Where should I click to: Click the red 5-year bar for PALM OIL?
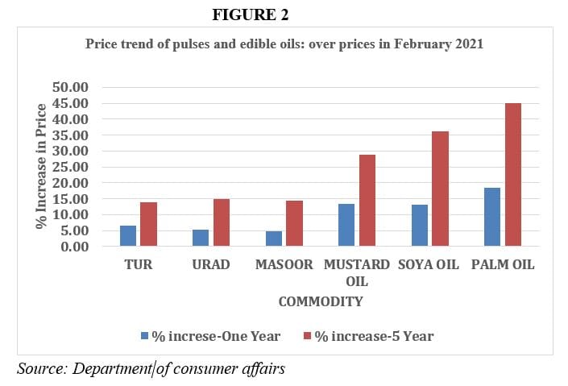(x=513, y=175)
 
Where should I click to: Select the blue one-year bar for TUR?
(x=128, y=236)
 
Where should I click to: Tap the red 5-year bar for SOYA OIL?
(x=441, y=189)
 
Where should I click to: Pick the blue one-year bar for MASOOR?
(x=274, y=239)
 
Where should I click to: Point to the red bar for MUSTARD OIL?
(x=367, y=201)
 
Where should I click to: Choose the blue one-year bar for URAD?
(x=201, y=238)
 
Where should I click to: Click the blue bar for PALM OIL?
(x=492, y=217)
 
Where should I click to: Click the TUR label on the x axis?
(x=139, y=264)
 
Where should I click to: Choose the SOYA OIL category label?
(x=429, y=264)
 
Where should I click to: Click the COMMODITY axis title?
(x=320, y=301)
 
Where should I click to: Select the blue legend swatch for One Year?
(x=145, y=335)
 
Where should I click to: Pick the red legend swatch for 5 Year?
(x=307, y=335)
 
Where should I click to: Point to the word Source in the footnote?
(x=41, y=368)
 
